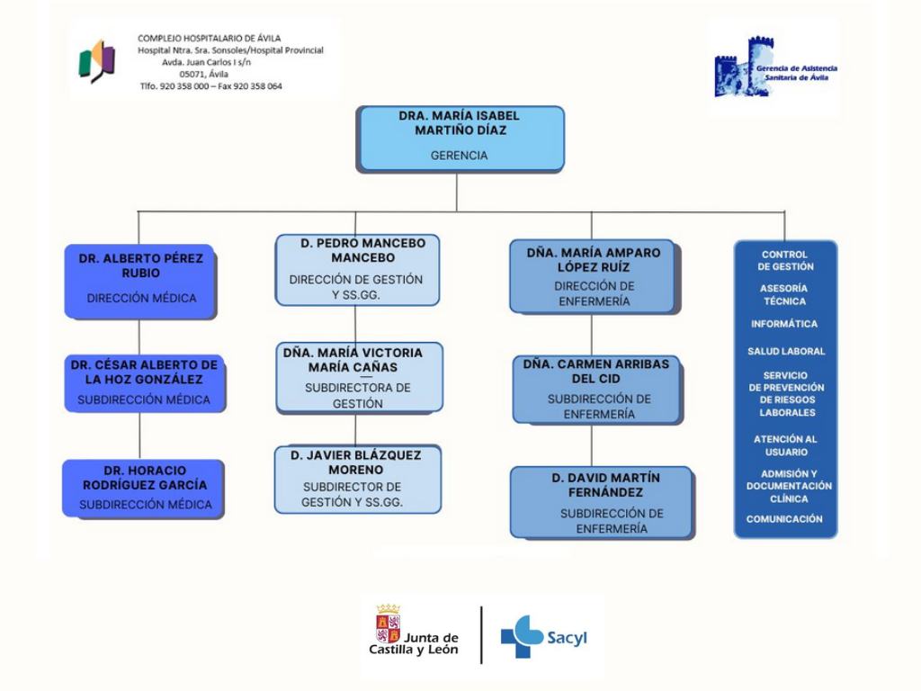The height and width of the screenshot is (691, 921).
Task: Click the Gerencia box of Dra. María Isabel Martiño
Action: point(460,139)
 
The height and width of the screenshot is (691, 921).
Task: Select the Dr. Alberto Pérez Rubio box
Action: point(140,281)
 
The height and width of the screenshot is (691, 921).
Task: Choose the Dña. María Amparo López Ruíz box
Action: point(593,276)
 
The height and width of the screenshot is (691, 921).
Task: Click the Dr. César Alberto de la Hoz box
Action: point(144,383)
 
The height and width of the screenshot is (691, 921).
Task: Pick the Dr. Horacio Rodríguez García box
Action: point(144,489)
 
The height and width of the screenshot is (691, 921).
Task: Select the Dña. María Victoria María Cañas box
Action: point(359,377)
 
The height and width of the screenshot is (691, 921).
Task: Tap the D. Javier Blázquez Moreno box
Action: point(357,479)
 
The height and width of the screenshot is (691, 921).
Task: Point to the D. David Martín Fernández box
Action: point(601,502)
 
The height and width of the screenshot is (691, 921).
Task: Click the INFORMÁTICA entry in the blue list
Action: point(784,324)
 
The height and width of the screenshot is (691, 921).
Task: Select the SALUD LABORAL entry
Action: point(785,352)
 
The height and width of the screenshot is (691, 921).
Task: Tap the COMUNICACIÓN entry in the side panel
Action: point(784,519)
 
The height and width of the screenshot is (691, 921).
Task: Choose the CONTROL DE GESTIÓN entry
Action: point(784,260)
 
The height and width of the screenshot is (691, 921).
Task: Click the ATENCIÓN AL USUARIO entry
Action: point(785,445)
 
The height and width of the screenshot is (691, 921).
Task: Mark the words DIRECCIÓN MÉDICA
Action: point(141,298)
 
